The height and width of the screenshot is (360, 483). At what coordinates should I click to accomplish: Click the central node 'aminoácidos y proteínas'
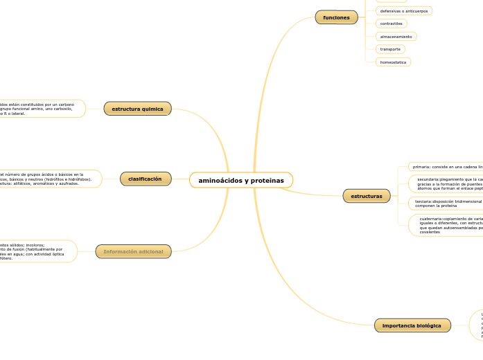tap(241, 180)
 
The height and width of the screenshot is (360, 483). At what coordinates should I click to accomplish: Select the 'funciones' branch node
tap(336, 17)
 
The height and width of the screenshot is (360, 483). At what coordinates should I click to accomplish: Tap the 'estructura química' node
tap(137, 109)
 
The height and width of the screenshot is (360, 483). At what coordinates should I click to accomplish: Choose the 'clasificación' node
tap(145, 179)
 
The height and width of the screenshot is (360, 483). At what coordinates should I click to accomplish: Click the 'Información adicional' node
tap(133, 251)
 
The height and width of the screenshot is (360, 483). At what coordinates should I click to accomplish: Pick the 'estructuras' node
tap(367, 196)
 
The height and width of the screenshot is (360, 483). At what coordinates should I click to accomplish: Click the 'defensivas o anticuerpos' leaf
tap(403, 11)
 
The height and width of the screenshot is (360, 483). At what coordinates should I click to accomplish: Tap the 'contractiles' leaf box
tap(391, 24)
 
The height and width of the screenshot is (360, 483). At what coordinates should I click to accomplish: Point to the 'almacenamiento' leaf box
tap(396, 36)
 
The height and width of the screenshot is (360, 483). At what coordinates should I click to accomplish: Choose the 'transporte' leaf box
tap(390, 49)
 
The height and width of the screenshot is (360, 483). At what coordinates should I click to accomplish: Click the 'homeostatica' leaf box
tap(393, 62)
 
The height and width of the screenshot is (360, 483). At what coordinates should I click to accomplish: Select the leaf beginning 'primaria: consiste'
tap(445, 167)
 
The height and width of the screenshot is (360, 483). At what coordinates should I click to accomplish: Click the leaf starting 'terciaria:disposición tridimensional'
tap(446, 203)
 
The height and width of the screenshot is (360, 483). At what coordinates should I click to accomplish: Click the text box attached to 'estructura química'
tap(42, 109)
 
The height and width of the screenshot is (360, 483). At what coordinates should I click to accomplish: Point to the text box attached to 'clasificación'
tap(49, 179)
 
